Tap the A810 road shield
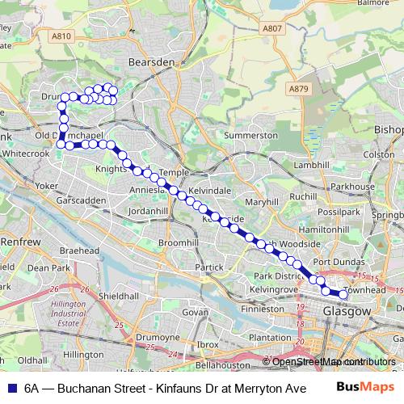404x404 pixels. point(61,36)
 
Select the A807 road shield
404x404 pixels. point(272,28)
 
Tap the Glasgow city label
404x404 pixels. point(346,311)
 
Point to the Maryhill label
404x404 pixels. point(262,201)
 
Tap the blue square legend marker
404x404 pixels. point(11,387)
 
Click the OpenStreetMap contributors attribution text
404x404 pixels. point(329,361)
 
